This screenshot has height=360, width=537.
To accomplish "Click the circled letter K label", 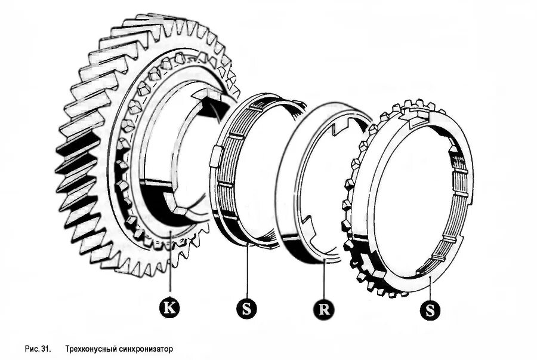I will tap(170, 307).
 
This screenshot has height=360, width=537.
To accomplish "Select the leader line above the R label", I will tap(323, 281).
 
